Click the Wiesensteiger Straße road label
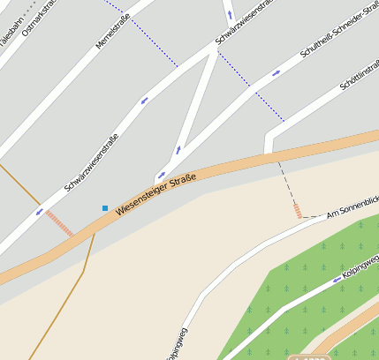point(155,193)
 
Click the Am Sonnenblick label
point(352,207)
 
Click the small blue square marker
point(105,208)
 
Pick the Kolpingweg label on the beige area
point(178,345)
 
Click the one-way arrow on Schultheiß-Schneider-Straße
point(276,73)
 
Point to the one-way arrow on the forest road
point(337,281)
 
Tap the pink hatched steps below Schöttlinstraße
point(298,209)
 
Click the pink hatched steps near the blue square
point(60,223)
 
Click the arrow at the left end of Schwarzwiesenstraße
point(38,212)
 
